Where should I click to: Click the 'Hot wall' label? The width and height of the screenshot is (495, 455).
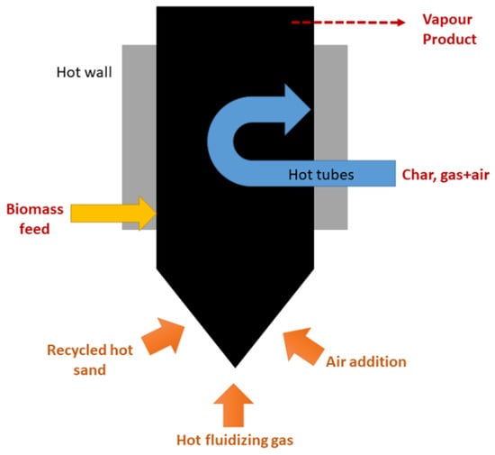(86, 71)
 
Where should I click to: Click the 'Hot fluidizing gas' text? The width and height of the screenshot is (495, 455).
(235, 439)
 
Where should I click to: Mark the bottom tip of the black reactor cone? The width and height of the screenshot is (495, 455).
(235, 366)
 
